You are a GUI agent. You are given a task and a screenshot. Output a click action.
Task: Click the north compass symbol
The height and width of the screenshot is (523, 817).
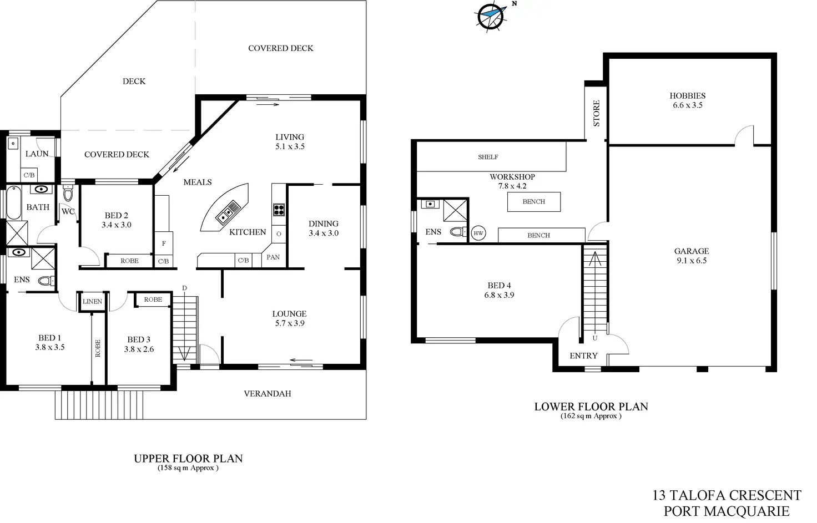[490, 15]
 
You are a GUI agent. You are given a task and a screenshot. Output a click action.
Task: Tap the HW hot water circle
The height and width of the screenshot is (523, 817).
[478, 233]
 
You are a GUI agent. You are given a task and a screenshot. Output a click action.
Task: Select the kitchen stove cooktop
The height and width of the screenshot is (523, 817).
[279, 210]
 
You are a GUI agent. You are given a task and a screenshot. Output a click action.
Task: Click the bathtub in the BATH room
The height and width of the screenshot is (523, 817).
[12, 203]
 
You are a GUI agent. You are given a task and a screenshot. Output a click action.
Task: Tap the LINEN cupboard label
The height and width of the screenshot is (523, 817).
[92, 301]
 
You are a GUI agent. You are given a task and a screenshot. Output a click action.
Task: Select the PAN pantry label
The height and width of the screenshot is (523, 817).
[273, 257]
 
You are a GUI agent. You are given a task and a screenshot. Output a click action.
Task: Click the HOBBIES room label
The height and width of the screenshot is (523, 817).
[687, 96]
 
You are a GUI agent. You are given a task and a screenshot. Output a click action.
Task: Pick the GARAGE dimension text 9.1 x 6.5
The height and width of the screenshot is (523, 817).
[692, 261]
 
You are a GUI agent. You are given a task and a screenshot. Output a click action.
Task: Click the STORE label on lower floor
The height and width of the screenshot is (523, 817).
[597, 113]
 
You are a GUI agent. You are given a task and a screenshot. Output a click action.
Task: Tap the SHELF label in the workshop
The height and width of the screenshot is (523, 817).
[488, 157]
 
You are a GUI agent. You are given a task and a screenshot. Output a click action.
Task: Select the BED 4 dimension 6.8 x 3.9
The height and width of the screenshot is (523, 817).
[499, 295]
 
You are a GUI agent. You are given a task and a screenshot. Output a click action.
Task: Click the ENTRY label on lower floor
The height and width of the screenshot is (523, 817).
[583, 356]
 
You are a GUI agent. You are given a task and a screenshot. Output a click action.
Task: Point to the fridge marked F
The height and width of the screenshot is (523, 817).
[164, 243]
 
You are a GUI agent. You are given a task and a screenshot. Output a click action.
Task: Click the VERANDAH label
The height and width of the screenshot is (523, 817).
[268, 394]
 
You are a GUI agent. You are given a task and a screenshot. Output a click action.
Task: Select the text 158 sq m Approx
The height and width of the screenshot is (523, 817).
[188, 468]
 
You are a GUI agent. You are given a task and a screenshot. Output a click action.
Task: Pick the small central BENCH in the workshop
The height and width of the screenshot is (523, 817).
[533, 202]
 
